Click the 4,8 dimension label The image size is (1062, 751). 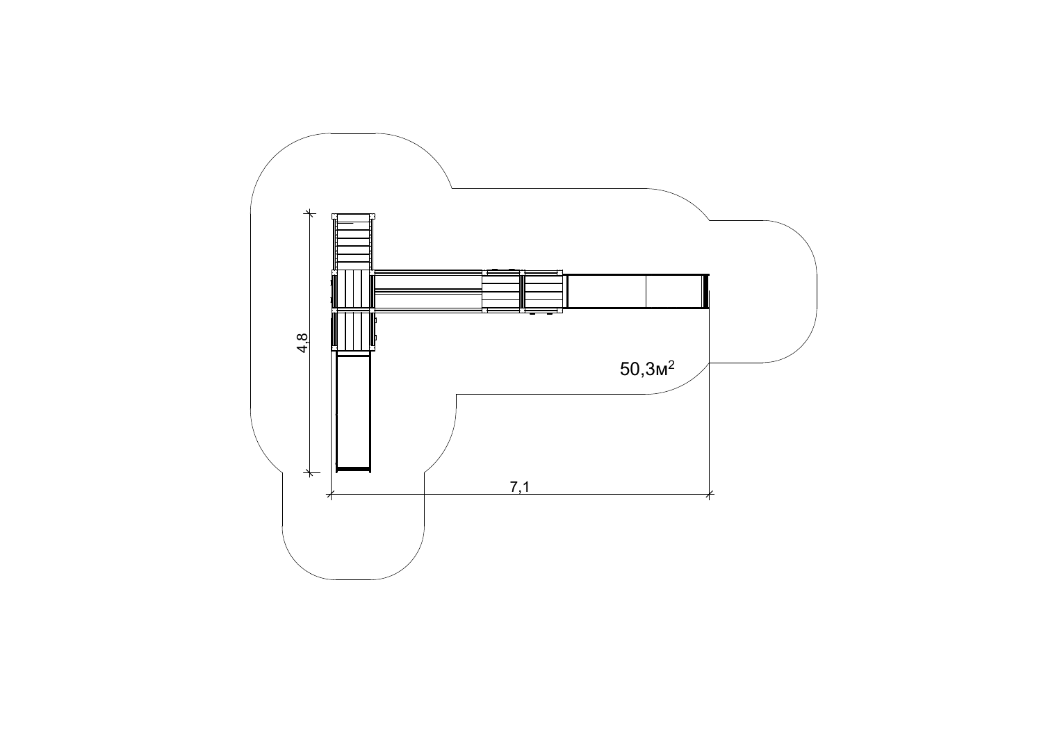[x=302, y=343]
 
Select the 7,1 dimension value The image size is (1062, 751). [x=519, y=488]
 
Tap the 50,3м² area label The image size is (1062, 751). [x=647, y=369]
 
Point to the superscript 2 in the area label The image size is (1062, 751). [x=671, y=364]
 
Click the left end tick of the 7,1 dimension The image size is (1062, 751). [x=331, y=495]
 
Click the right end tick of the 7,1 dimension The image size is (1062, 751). [x=709, y=495]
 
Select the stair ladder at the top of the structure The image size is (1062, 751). [x=353, y=242]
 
